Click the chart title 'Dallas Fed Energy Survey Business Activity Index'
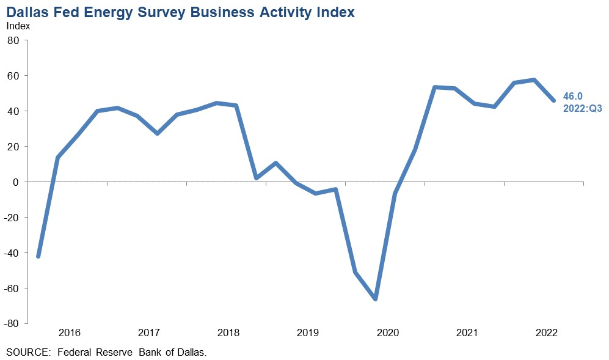(180, 12)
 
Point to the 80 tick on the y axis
(13, 40)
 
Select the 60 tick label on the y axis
(13, 76)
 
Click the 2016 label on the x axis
(69, 333)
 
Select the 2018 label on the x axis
(228, 333)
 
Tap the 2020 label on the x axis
(388, 333)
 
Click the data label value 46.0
(573, 95)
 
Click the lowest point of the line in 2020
(375, 299)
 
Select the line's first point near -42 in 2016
(38, 257)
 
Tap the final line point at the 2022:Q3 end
(554, 101)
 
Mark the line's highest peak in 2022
(534, 80)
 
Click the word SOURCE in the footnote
(26, 353)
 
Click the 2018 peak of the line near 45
(216, 103)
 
